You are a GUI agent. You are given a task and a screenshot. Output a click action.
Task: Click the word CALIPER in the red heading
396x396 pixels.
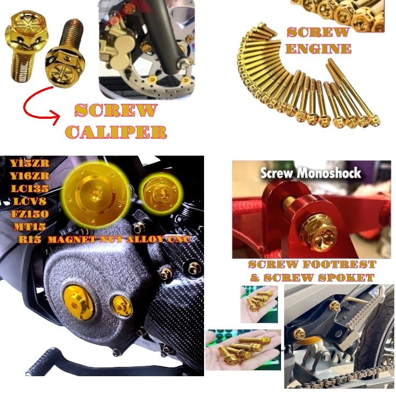(x=120, y=131)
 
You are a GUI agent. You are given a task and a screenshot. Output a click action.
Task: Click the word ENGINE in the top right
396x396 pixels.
(x=318, y=48)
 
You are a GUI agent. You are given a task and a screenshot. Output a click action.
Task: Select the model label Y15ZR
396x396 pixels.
(x=30, y=163)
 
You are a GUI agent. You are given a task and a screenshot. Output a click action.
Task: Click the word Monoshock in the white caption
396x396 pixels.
(x=329, y=173)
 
